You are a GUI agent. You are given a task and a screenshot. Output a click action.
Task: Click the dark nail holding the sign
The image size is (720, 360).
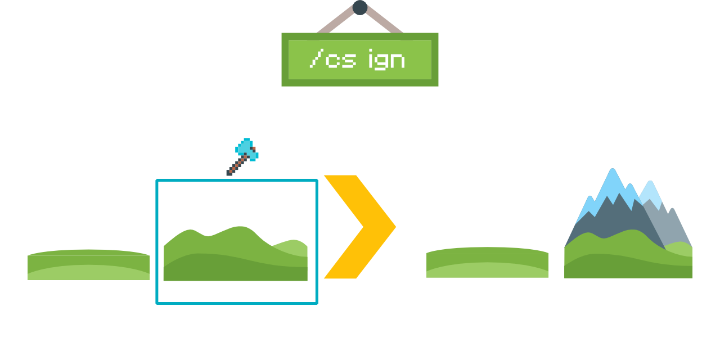tap(360, 7)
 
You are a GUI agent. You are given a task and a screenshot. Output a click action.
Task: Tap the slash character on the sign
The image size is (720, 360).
tap(317, 58)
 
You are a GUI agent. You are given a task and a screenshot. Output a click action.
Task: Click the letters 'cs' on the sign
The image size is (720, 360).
tap(341, 60)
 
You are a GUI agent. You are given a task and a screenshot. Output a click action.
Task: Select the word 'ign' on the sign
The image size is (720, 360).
tap(387, 60)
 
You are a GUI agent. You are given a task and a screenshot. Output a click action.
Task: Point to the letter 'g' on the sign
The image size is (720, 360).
tap(387, 61)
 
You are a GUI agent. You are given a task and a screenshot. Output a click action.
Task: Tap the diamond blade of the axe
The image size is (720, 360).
tap(246, 149)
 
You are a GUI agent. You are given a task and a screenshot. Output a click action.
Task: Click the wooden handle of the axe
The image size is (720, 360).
tap(235, 166)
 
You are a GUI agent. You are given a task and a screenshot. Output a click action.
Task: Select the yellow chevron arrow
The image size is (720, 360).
tap(366, 227)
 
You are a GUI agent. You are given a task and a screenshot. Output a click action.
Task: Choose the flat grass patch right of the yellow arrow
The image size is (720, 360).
tap(487, 262)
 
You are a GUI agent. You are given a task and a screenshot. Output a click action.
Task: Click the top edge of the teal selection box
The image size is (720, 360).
tap(236, 180)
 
